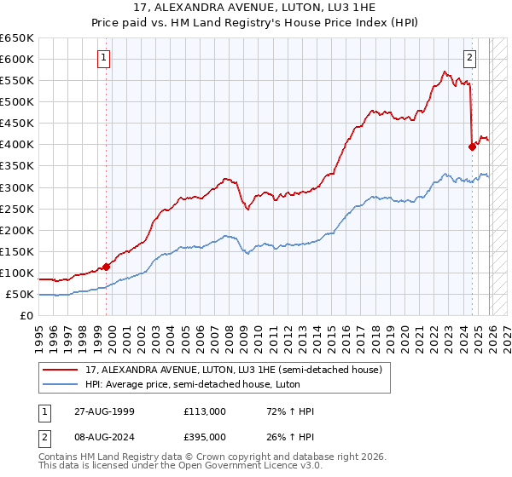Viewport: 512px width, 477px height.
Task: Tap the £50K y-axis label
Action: tap(20, 295)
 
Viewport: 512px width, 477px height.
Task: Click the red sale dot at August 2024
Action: tap(472, 147)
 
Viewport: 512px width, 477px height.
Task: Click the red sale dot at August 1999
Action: tap(107, 267)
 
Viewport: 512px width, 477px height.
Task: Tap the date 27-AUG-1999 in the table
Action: tap(104, 411)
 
